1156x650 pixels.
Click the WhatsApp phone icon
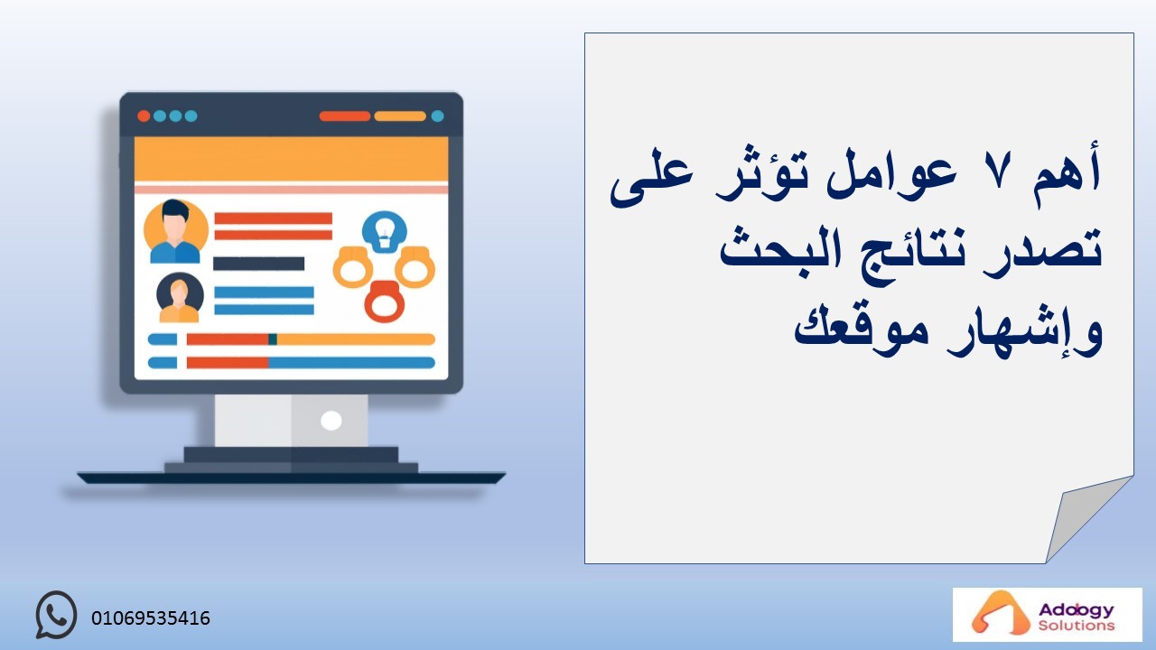[x=56, y=615]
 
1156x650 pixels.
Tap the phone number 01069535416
[x=151, y=618]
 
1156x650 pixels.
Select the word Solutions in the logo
[x=1077, y=626]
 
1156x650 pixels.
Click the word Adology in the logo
[x=1077, y=610]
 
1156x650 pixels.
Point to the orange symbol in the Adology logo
[x=993, y=613]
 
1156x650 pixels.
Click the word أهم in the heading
[x=1067, y=172]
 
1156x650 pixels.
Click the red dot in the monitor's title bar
[x=144, y=116]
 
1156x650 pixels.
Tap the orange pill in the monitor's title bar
[x=400, y=116]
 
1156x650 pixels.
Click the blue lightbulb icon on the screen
[x=385, y=232]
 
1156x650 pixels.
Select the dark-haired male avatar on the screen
[x=175, y=232]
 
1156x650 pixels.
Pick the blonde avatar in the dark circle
[x=180, y=298]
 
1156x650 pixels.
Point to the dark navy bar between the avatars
[x=259, y=264]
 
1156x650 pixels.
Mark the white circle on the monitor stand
[x=331, y=421]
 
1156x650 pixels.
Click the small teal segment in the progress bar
[x=273, y=339]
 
